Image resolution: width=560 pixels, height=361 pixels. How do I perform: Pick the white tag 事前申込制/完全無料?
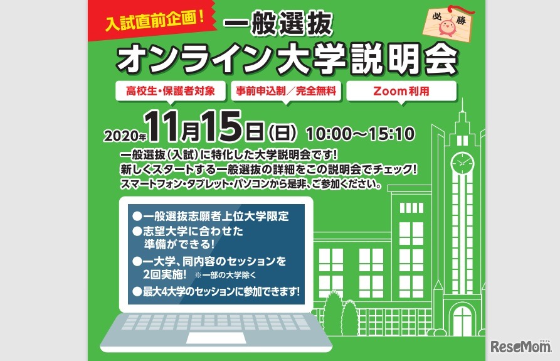click(285, 91)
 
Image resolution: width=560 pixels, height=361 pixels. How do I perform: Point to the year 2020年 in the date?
click(125, 135)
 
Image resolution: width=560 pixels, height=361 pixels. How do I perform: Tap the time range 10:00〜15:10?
click(360, 133)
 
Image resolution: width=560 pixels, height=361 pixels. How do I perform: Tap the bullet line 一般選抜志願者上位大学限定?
click(210, 216)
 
